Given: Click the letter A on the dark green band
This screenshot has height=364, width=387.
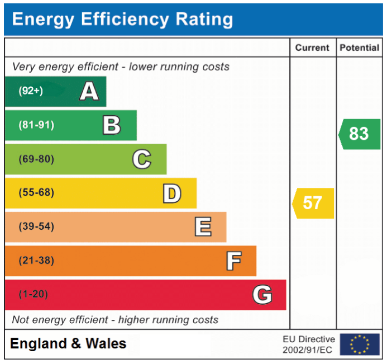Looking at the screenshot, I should click(89, 91).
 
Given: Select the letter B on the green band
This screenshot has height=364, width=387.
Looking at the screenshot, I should click(112, 125).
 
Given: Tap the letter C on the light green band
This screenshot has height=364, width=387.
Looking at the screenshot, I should click(141, 159).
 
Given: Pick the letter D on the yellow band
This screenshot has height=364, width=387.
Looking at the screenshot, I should click(172, 193).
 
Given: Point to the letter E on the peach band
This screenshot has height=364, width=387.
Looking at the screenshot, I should click(203, 227).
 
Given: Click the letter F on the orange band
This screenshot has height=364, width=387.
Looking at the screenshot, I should click(233, 261).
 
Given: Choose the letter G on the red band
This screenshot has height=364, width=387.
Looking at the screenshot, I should click(262, 295).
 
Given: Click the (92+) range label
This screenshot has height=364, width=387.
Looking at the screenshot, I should click(30, 91).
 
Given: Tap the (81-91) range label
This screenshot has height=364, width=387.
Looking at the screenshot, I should click(36, 125).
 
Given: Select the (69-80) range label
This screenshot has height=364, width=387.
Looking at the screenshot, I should click(36, 159).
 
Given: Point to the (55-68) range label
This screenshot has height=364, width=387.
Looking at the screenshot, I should click(36, 193).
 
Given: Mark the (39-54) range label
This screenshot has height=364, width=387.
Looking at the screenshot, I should click(36, 227).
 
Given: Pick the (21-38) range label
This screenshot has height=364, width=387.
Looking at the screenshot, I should click(36, 261).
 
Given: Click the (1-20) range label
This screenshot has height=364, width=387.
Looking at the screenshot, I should click(34, 295).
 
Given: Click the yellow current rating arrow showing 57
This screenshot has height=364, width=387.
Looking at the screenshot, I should click(313, 203).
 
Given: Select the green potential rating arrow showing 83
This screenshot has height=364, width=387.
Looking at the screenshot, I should click(359, 134).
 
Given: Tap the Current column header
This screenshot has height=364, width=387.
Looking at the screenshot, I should click(312, 48).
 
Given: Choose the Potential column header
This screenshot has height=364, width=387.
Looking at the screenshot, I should click(359, 48).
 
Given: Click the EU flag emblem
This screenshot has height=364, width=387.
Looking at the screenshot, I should click(360, 344).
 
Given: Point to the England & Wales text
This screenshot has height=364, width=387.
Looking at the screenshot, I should click(68, 344).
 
